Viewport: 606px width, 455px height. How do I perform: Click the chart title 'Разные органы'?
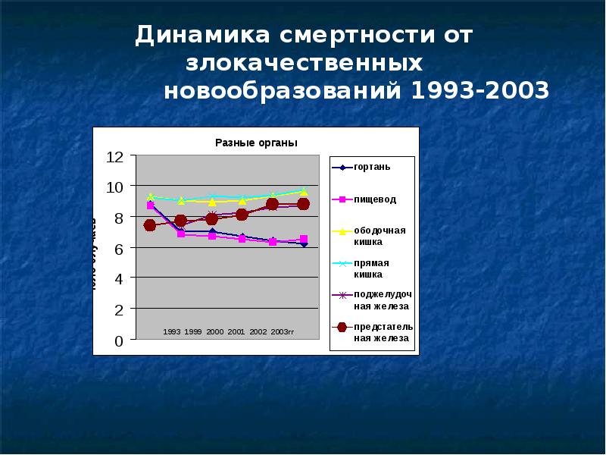(256, 143)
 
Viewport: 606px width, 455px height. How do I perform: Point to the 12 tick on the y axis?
(114, 156)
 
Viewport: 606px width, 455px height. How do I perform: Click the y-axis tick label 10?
(114, 187)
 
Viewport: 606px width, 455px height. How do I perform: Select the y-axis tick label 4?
(118, 279)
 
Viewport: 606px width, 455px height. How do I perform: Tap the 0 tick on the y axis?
(118, 341)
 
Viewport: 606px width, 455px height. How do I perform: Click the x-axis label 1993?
(172, 332)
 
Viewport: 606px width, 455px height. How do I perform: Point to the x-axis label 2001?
(236, 332)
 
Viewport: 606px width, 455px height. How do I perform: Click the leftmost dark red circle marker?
(150, 225)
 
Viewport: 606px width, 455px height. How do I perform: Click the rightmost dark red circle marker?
(303, 203)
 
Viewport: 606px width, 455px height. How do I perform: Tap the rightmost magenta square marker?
(303, 240)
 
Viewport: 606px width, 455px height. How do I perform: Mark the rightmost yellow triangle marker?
(303, 192)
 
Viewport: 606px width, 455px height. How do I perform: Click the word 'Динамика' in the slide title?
(200, 36)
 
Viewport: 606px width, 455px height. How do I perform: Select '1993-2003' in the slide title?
(479, 91)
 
